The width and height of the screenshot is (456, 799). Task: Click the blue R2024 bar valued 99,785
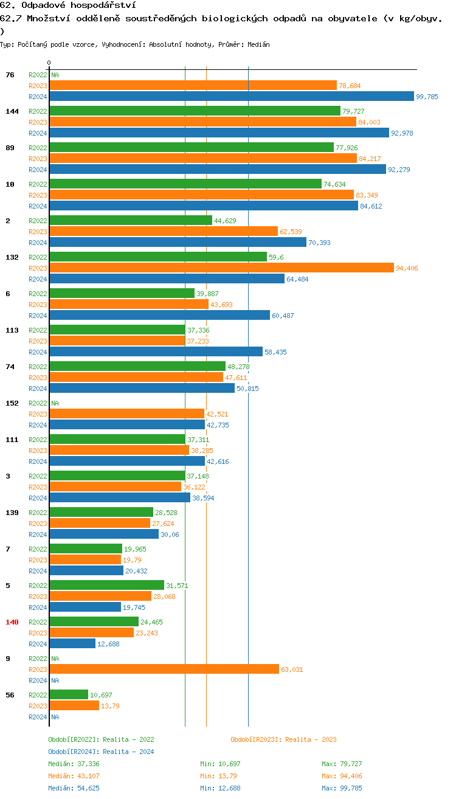(231, 97)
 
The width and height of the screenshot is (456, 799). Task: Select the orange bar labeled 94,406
(221, 268)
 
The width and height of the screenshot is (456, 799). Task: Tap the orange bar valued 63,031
(164, 669)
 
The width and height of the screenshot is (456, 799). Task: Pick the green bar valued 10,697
(69, 695)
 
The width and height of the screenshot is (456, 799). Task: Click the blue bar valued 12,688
(72, 644)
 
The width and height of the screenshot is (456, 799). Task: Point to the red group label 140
(12, 622)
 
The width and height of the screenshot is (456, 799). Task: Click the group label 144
(12, 111)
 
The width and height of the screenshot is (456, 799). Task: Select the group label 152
(12, 403)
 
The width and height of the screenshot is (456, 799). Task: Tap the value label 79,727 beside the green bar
(353, 111)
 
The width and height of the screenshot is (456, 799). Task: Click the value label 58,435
(276, 352)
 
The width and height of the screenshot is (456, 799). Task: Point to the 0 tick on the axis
(49, 63)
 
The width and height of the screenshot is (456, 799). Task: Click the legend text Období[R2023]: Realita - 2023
(283, 739)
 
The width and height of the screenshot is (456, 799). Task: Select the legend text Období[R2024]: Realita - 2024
(101, 752)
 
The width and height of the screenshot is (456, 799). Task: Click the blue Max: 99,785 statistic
(342, 788)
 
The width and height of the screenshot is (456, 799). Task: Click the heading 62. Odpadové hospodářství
(67, 5)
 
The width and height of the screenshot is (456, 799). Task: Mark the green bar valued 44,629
(131, 221)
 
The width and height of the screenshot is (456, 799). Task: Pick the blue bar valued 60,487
(159, 316)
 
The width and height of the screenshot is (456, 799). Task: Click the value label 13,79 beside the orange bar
(110, 706)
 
